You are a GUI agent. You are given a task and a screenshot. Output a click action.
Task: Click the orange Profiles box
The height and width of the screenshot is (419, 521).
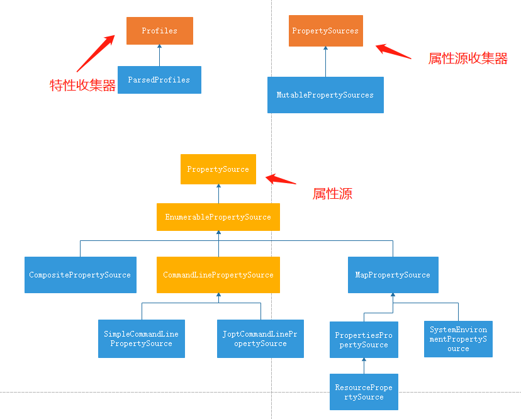[x=159, y=31]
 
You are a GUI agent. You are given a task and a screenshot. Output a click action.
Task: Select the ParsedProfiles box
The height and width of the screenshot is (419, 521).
[x=159, y=80]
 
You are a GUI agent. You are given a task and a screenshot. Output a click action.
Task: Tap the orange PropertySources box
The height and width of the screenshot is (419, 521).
[x=325, y=31]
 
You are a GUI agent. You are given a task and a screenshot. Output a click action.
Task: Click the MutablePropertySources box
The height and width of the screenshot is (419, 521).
[x=325, y=95]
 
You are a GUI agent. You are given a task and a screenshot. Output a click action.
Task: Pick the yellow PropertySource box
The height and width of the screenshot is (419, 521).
[x=218, y=169]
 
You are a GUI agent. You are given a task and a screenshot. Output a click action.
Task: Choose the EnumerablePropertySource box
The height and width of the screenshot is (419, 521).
[x=218, y=217]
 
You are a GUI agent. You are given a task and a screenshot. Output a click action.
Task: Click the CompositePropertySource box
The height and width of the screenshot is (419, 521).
[x=80, y=275]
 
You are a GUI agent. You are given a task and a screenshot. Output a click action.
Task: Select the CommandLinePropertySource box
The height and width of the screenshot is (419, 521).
[x=218, y=275]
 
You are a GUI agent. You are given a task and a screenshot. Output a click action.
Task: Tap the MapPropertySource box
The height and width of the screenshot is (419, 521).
[x=393, y=275]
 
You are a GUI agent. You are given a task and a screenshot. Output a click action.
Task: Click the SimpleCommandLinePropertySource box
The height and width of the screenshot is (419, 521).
[x=142, y=338]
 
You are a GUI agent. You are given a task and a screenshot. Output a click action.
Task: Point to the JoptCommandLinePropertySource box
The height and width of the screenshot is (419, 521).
[x=260, y=338]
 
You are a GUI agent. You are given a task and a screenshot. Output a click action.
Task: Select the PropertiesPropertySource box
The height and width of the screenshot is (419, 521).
[x=364, y=340]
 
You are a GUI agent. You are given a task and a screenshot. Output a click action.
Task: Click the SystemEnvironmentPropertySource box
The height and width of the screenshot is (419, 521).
[x=458, y=339]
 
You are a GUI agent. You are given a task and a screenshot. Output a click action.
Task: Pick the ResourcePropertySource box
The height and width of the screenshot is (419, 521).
[x=364, y=392]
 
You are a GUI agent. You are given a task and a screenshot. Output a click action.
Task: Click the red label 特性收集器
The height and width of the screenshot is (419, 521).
[x=83, y=86]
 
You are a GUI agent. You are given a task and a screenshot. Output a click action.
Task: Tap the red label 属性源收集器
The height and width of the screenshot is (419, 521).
[x=468, y=59]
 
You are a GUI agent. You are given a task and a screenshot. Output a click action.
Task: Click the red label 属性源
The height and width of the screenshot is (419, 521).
[x=332, y=194]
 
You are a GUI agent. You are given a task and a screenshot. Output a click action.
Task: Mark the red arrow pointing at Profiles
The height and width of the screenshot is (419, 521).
[x=95, y=53]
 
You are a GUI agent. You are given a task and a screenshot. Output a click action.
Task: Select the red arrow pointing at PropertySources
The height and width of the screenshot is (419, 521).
[x=393, y=51]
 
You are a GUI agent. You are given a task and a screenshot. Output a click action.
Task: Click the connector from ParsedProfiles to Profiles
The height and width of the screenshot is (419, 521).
[x=159, y=55]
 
